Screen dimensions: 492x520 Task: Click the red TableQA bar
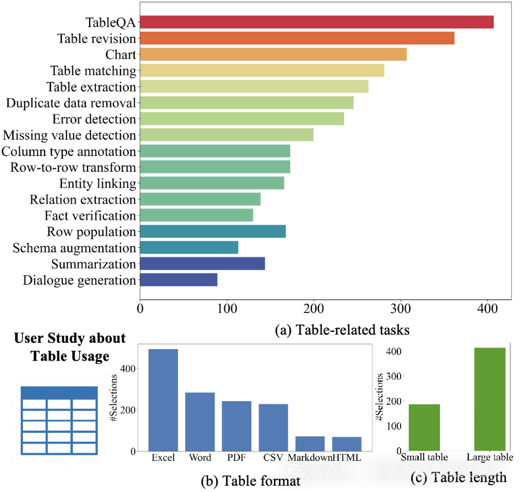coord(316,22)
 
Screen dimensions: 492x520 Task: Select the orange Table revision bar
coord(297,38)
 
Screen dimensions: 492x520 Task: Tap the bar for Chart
coord(273,54)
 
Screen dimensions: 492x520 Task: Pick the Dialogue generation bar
coord(178,280)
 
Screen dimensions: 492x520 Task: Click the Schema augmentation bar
coord(189,247)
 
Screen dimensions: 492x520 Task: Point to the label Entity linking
coord(98,183)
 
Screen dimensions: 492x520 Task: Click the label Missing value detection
coord(69,135)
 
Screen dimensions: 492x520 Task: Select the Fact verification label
coord(90,216)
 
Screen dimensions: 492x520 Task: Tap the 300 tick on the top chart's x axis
coord(401,308)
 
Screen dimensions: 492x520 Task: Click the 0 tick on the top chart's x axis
coord(140,308)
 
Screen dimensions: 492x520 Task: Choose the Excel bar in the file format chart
coord(163,400)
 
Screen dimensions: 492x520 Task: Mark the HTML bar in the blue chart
coord(347,443)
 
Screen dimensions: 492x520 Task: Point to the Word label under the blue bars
coord(200,457)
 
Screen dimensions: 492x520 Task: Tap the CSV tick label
coord(273,457)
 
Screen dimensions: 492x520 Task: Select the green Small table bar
coord(424,427)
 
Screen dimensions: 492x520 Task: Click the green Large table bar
coord(490,399)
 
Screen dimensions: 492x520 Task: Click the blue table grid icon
coord(59,420)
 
